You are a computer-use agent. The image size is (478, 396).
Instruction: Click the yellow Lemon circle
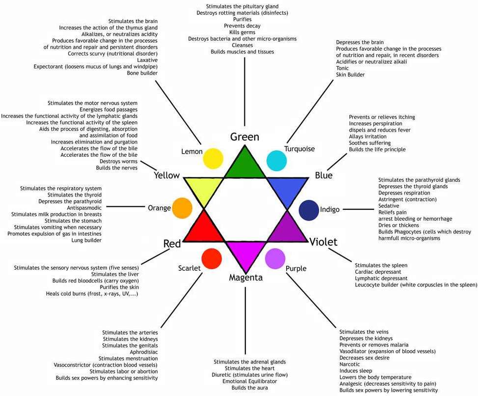[x=213, y=158]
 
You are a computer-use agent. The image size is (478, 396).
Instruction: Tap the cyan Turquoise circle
[x=276, y=161]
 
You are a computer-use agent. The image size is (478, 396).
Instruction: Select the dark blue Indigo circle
[x=309, y=210]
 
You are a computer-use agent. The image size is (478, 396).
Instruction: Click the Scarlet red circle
[x=212, y=258]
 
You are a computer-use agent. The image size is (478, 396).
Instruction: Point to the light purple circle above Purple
[x=275, y=258]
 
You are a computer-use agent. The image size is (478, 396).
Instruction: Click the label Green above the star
[x=244, y=137]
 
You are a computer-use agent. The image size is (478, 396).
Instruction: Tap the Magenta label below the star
[x=246, y=278]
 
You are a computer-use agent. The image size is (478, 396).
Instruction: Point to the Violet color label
[x=323, y=242]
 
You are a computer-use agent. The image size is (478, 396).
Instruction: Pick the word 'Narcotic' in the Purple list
[x=350, y=365]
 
